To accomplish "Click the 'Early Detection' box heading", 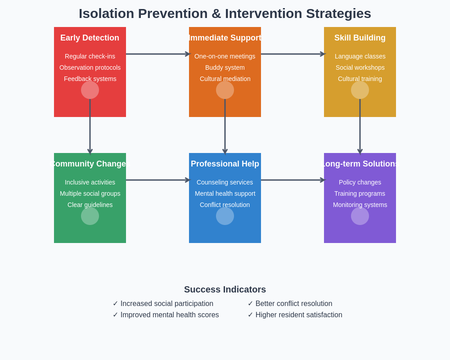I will point(90,38).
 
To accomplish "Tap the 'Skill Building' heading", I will point(360,38).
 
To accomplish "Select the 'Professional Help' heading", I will point(225,164).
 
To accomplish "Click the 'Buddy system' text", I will point(225,67).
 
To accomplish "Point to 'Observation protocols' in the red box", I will point(90,67).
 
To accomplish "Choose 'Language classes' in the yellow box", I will point(360,56).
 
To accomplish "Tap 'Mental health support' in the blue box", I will point(225,193).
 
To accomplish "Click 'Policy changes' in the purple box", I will point(360,182).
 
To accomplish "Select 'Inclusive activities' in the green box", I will point(90,182).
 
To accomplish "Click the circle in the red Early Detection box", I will point(90,90).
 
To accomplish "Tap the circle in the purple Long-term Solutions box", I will point(360,216).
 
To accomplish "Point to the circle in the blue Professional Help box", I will point(225,216).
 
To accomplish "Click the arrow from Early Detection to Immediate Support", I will point(157,54).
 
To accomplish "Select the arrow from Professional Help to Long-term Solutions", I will point(292,180).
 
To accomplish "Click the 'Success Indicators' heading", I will point(225,289).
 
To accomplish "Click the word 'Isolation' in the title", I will point(106,13).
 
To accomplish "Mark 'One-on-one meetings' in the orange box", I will point(225,56).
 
